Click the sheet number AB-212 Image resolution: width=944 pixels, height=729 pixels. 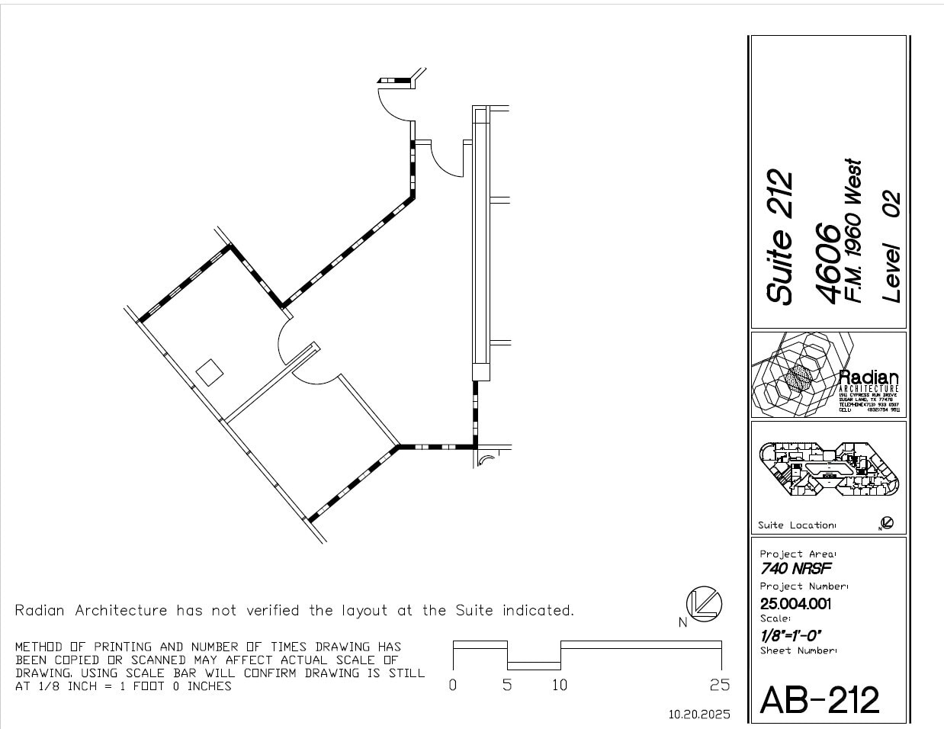pyautogui.click(x=820, y=699)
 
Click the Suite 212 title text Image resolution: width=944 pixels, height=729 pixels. pyautogui.click(x=780, y=238)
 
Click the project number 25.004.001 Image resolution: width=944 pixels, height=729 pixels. pyautogui.click(x=795, y=604)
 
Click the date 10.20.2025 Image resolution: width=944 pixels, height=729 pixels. pyautogui.click(x=699, y=715)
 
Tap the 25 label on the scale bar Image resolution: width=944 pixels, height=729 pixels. pyautogui.click(x=719, y=685)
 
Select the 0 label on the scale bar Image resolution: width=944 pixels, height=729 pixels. pyautogui.click(x=453, y=685)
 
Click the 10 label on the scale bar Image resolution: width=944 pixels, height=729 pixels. pyautogui.click(x=560, y=685)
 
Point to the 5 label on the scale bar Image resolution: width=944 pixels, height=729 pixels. pyautogui.click(x=507, y=685)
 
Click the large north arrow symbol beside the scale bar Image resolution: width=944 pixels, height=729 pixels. pyautogui.click(x=703, y=603)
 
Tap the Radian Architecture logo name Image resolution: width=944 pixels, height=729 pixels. pyautogui.click(x=869, y=378)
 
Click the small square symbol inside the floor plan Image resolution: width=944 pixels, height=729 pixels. pyautogui.click(x=209, y=372)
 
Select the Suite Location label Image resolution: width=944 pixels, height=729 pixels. pyautogui.click(x=796, y=525)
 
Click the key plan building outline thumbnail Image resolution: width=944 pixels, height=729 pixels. pyautogui.click(x=829, y=468)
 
